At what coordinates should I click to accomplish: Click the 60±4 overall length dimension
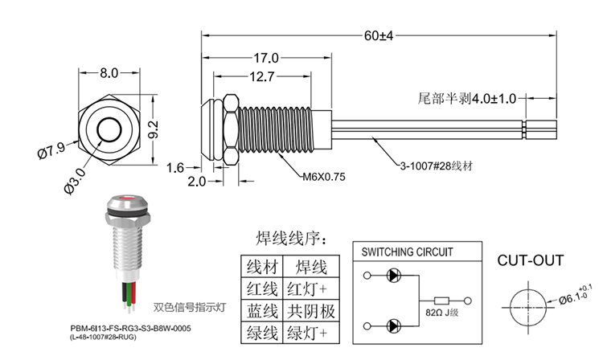(x=377, y=36)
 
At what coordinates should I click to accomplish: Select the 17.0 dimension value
(x=266, y=59)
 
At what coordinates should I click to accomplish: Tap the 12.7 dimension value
(x=261, y=77)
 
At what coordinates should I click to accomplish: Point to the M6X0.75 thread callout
(x=322, y=178)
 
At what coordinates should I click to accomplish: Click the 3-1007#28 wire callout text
(x=436, y=167)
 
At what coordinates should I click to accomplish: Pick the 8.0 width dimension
(x=109, y=72)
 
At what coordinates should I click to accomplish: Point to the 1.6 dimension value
(x=175, y=167)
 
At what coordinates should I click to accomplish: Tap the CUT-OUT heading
(x=530, y=260)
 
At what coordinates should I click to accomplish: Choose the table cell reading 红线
(x=262, y=288)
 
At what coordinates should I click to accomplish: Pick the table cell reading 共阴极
(x=311, y=310)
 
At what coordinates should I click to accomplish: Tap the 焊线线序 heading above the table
(x=290, y=239)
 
